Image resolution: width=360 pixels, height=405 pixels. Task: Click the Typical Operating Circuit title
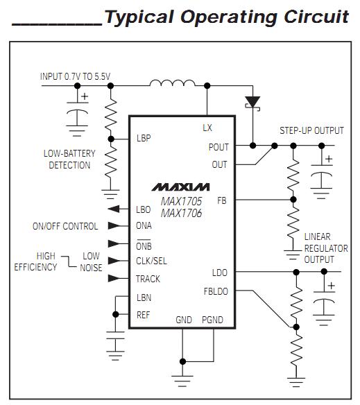(226, 17)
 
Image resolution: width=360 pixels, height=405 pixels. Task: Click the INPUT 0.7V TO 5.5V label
(75, 76)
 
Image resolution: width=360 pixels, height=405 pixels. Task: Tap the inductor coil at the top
(173, 84)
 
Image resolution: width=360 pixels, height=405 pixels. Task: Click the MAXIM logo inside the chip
(180, 187)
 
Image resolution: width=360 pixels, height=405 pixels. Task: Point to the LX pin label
(207, 128)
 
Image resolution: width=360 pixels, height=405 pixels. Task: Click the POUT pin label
(218, 147)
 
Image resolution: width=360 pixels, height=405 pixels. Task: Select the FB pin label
(221, 200)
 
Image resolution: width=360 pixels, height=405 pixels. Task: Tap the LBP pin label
(144, 138)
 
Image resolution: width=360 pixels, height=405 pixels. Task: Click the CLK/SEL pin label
(151, 261)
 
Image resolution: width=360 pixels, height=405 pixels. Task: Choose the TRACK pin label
(148, 279)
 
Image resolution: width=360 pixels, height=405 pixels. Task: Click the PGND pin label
(212, 320)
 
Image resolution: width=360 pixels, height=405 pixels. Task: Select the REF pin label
(144, 314)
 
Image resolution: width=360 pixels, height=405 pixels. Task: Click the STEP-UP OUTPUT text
(311, 130)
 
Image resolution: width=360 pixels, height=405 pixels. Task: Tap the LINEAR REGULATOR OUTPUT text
(325, 248)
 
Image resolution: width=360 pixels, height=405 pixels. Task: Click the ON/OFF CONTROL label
(65, 226)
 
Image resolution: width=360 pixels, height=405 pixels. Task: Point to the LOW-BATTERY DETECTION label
(69, 160)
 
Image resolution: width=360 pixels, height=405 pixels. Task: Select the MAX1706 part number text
(181, 213)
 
